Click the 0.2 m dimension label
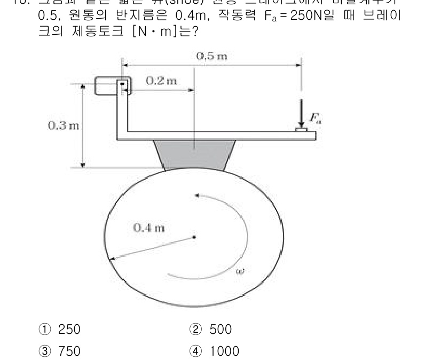pos(161,81)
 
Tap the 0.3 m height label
pos(64,126)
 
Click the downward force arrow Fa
pos(301,112)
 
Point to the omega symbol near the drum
pos(240,271)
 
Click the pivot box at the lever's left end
pos(110,86)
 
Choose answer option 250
pos(69,330)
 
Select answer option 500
pos(220,330)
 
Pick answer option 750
pos(69,351)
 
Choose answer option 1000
pos(224,351)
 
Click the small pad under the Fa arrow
pos(302,130)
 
